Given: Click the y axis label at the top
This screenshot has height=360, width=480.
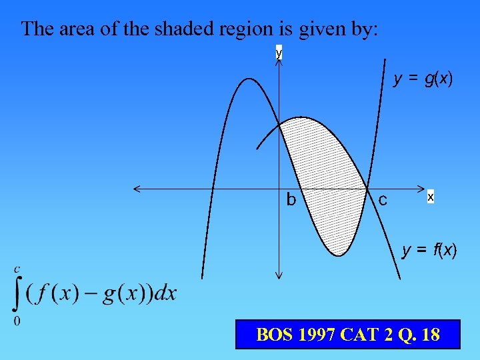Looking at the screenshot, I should [279, 52].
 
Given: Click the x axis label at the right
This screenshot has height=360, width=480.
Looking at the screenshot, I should [431, 197].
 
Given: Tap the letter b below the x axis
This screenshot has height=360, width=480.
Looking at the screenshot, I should [291, 199].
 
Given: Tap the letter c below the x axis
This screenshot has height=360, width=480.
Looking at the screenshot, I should [383, 199].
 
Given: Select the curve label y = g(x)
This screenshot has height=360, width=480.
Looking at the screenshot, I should [423, 79].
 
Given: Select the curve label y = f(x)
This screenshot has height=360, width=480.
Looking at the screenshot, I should [429, 251].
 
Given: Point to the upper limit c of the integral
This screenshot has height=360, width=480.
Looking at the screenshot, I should [17, 269].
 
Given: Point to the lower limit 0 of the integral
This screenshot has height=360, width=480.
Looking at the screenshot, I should [17, 321].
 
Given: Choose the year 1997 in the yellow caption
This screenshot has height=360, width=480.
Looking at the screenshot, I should [314, 334].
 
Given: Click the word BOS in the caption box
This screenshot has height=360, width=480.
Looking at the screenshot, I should [274, 334].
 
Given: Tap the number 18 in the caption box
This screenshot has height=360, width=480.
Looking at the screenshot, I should [431, 334].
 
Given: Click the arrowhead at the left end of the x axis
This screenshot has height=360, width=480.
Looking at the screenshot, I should [137, 189].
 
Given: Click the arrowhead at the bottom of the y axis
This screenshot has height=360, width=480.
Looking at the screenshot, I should [279, 275].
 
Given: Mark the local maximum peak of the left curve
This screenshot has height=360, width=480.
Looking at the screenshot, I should [247, 79].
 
